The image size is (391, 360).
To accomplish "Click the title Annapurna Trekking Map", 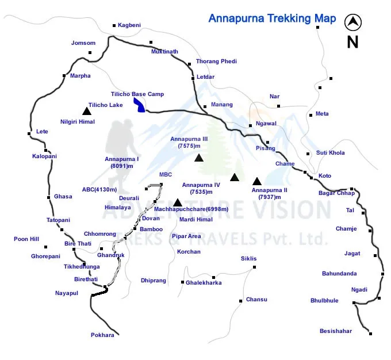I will tap(272, 19).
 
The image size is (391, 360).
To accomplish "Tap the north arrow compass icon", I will tap(352, 23).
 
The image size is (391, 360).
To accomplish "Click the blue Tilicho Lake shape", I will tap(139, 105).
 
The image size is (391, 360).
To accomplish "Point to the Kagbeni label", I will tap(129, 25).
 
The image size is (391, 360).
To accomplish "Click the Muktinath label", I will tap(164, 52).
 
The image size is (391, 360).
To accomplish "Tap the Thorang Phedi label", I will tap(216, 61).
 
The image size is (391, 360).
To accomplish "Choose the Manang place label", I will tap(222, 105).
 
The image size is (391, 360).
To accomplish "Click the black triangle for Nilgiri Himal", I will tap(86, 111).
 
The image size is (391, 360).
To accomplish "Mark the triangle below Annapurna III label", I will tap(199, 158).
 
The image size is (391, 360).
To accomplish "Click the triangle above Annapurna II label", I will tap(257, 181).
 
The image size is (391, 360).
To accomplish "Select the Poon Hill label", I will tap(26, 239).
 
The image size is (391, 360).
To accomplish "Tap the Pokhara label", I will tap(102, 335).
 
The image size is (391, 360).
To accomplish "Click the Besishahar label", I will tap(336, 331).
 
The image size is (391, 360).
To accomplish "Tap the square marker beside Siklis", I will tap(255, 267).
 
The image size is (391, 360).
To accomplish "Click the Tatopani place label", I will tap(58, 220).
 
